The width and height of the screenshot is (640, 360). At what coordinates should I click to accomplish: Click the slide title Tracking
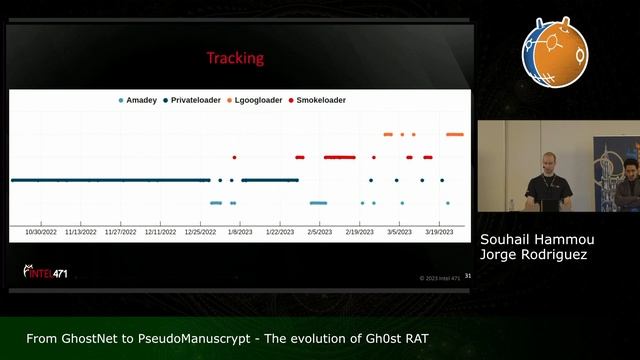point(235,58)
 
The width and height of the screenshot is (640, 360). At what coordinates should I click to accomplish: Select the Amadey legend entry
point(141,101)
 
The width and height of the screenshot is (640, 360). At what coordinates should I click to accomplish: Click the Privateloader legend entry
point(196,101)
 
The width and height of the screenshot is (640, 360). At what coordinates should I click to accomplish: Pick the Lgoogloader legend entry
point(258,101)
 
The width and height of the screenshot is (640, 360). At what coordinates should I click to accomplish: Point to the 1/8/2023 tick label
point(240,231)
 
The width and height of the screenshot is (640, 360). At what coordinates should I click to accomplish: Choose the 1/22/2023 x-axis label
point(279,231)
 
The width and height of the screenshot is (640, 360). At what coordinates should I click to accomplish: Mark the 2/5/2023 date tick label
point(319,231)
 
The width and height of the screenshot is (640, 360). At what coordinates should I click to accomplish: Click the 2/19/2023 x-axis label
point(359,231)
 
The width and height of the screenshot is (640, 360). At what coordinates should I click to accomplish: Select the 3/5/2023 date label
point(399,231)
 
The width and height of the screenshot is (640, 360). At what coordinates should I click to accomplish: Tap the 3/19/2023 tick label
point(439,231)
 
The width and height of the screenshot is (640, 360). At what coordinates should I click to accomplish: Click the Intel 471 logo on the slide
point(47,271)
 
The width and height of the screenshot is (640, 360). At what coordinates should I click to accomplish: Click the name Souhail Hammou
point(530,240)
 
